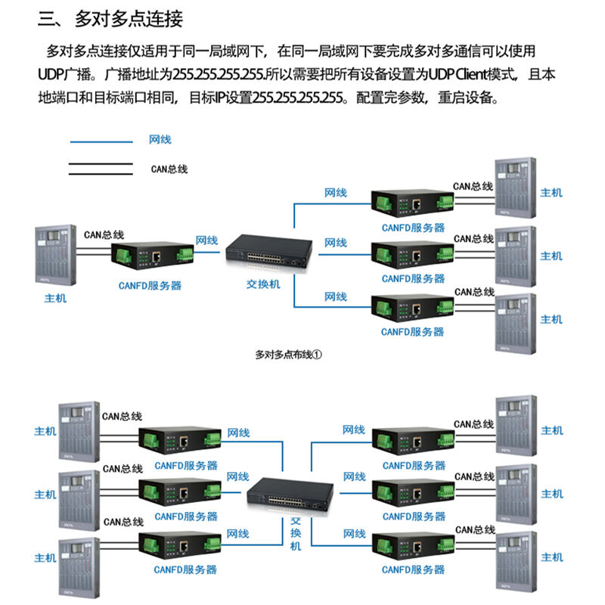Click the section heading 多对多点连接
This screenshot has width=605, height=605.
coord(129,19)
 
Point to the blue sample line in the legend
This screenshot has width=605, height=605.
coord(101,142)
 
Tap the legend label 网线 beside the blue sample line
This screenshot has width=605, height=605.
coord(160,139)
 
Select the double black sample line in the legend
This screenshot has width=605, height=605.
coord(101,169)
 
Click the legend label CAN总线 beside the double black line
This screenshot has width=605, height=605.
coord(169,169)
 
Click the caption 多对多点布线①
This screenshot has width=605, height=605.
coord(288,354)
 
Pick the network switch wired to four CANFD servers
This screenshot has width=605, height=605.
coord(269,252)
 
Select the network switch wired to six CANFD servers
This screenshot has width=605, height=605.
coord(290,495)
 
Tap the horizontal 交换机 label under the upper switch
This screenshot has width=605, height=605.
coord(263,284)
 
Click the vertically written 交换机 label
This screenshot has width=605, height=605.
coord(296,534)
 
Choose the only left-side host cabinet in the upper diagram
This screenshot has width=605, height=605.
coord(55,255)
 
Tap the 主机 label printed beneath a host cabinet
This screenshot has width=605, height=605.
coord(55,298)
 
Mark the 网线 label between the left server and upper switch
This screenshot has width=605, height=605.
coord(206,240)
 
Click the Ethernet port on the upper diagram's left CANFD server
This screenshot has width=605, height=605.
coord(157,256)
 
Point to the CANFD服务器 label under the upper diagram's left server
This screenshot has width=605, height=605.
coord(150,286)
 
